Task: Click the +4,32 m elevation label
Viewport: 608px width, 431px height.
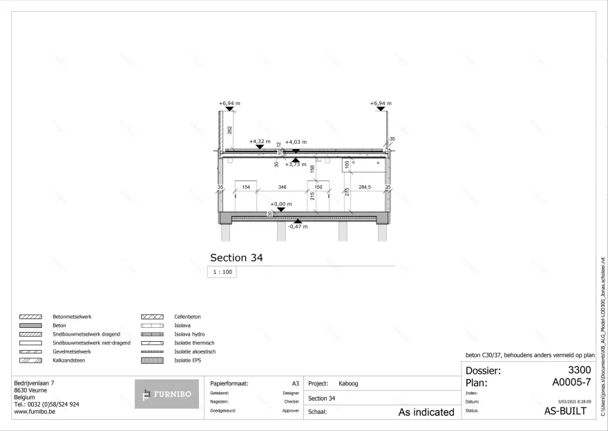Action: pos(259,141)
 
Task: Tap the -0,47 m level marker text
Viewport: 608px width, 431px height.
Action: pos(297,226)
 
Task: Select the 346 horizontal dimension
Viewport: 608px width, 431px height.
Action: pos(282,187)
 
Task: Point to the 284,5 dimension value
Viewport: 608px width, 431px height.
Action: pos(365,187)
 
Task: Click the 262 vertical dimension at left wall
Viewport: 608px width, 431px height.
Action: pos(229,129)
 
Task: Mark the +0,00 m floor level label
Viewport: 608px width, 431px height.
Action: pos(281,204)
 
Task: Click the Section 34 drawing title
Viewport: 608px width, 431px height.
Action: pos(236,257)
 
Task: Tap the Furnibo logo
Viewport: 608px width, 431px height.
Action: pos(166,394)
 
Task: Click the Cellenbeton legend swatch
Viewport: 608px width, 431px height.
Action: pos(152,316)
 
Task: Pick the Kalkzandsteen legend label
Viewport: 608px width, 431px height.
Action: pos(68,360)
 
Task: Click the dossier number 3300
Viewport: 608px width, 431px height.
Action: pos(579,371)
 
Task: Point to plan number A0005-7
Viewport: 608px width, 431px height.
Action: pos(572,382)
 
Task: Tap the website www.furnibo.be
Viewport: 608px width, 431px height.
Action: pos(35,411)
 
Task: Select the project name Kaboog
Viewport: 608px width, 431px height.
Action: pos(348,383)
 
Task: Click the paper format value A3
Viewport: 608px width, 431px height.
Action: pos(295,383)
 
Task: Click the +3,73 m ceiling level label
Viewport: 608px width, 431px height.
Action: pos(296,165)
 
